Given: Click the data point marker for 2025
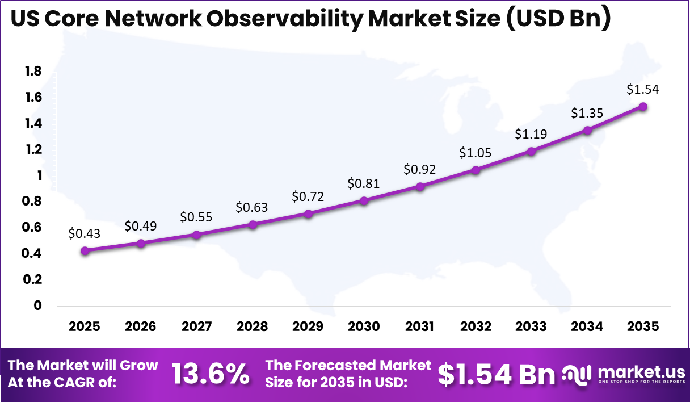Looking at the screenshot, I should (85, 251).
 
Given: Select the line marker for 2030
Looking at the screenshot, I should (364, 200).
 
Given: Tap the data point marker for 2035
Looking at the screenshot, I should (643, 107).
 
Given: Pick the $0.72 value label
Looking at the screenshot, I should (308, 196).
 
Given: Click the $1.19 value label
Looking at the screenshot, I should (531, 135).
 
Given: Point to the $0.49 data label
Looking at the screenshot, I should (141, 226).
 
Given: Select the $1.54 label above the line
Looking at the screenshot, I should (643, 89).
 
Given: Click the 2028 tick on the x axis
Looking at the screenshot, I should (252, 326).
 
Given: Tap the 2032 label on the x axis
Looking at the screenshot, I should (476, 326).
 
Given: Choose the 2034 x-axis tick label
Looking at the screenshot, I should (587, 326).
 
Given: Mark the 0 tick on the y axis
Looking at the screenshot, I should (38, 305).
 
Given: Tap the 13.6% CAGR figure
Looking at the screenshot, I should (211, 374).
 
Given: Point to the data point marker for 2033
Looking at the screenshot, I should (531, 152).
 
